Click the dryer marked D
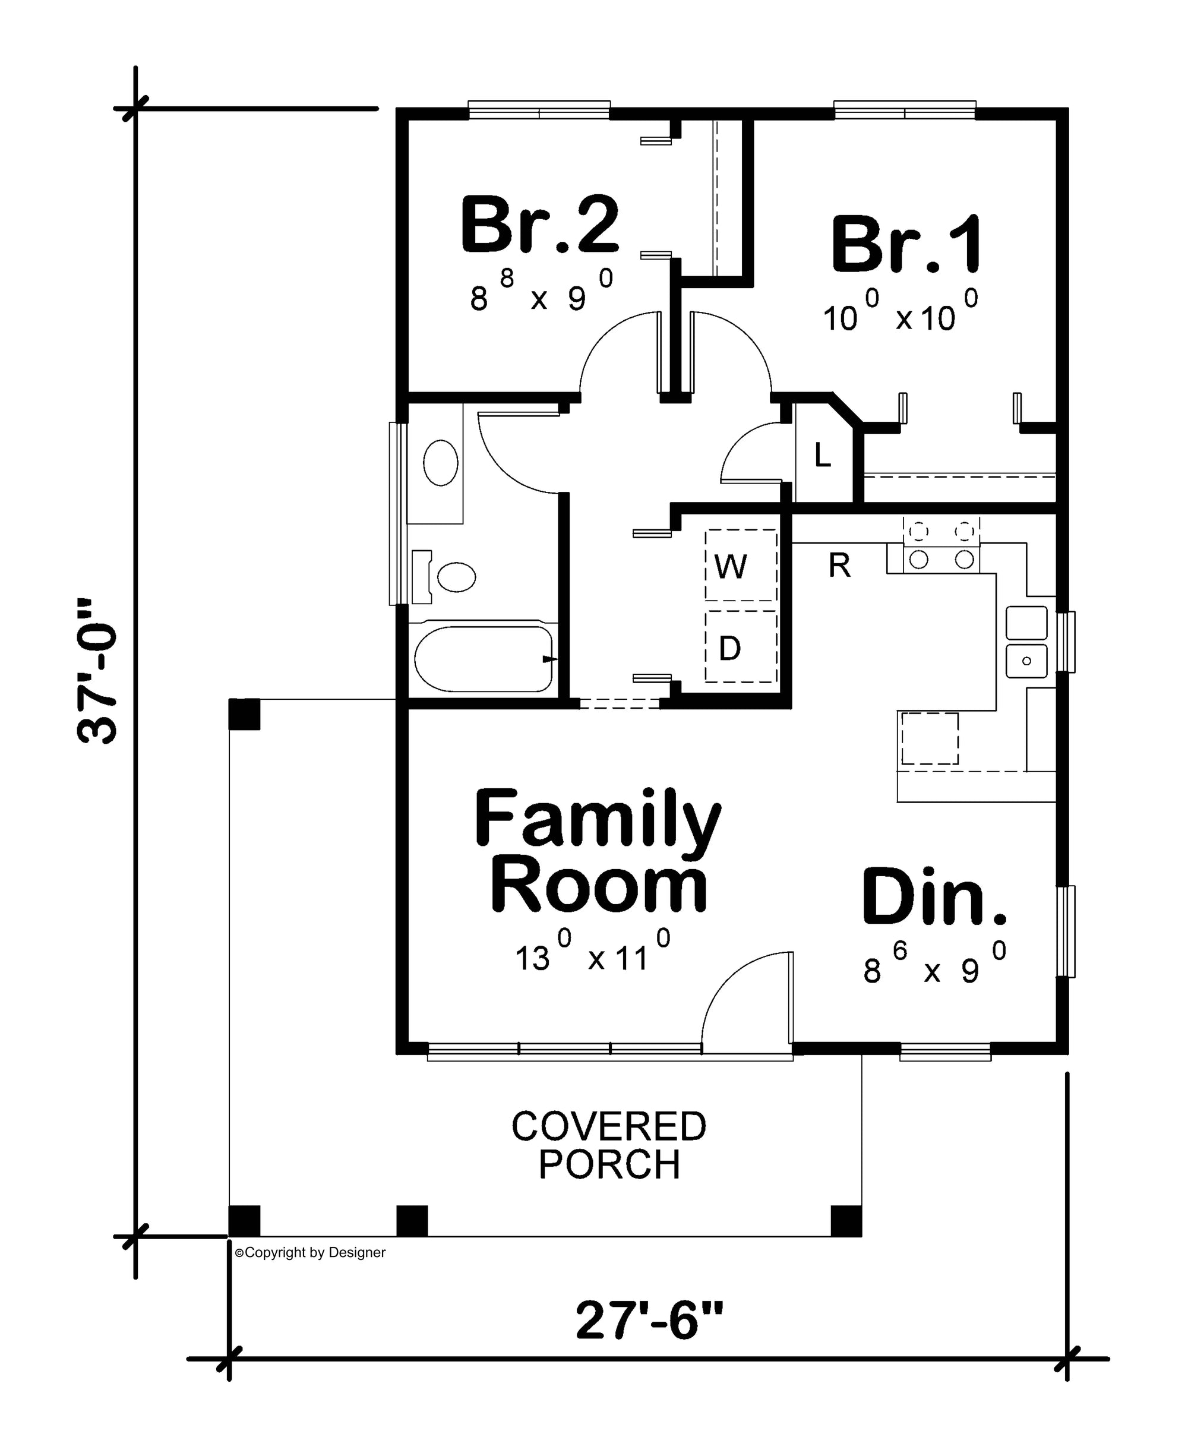coord(741,646)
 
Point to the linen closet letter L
coord(823,456)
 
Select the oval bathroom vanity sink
coord(441,463)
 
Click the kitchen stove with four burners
coord(941,545)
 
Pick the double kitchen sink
coord(1026,642)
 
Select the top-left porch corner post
coord(244,714)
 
